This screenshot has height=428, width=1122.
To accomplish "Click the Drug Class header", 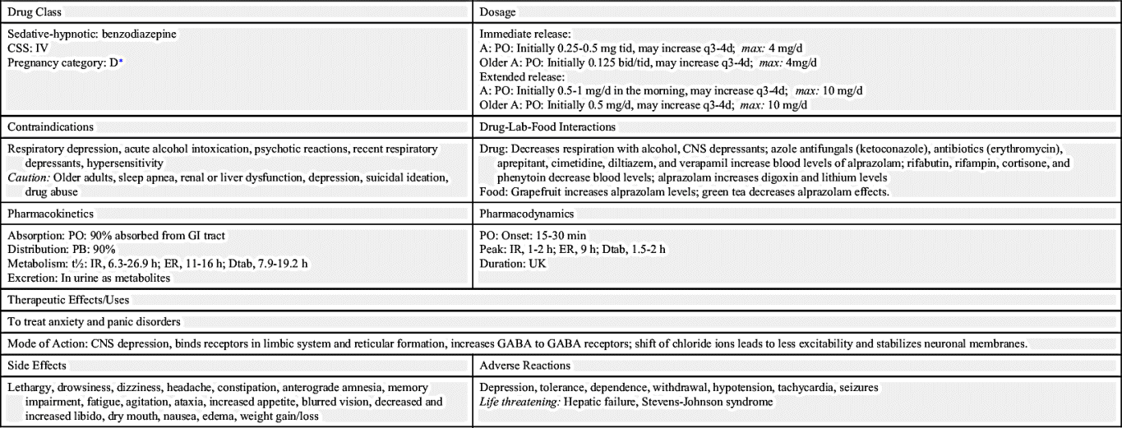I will [34, 13].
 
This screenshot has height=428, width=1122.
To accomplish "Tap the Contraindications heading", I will [50, 127].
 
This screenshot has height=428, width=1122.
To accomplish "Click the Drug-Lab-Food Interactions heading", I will [547, 127].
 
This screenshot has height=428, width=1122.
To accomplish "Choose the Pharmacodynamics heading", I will [527, 214].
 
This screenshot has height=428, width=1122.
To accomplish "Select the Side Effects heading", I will [37, 365].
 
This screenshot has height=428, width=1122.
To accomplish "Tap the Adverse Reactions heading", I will [524, 365].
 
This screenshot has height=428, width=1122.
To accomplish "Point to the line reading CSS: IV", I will [29, 48].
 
